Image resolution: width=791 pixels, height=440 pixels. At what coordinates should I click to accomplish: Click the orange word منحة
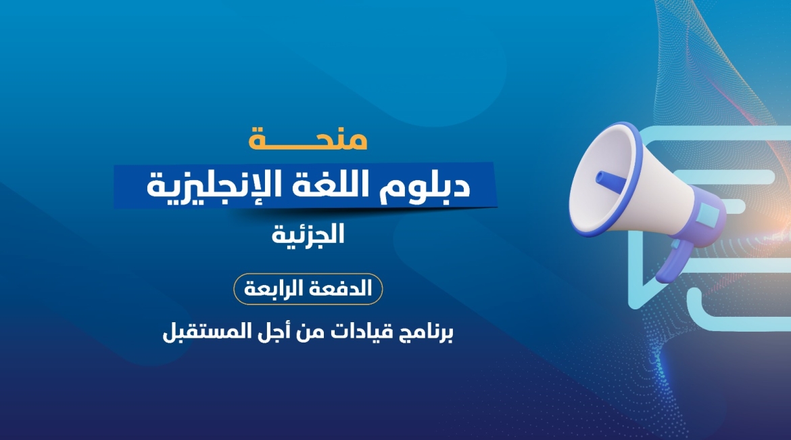click(x=308, y=139)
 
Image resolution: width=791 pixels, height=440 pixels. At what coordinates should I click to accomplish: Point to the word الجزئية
click(x=308, y=234)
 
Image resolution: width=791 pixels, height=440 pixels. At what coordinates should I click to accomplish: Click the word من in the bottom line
click(x=310, y=333)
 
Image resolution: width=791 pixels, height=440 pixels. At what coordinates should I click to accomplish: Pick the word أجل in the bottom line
click(x=278, y=333)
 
